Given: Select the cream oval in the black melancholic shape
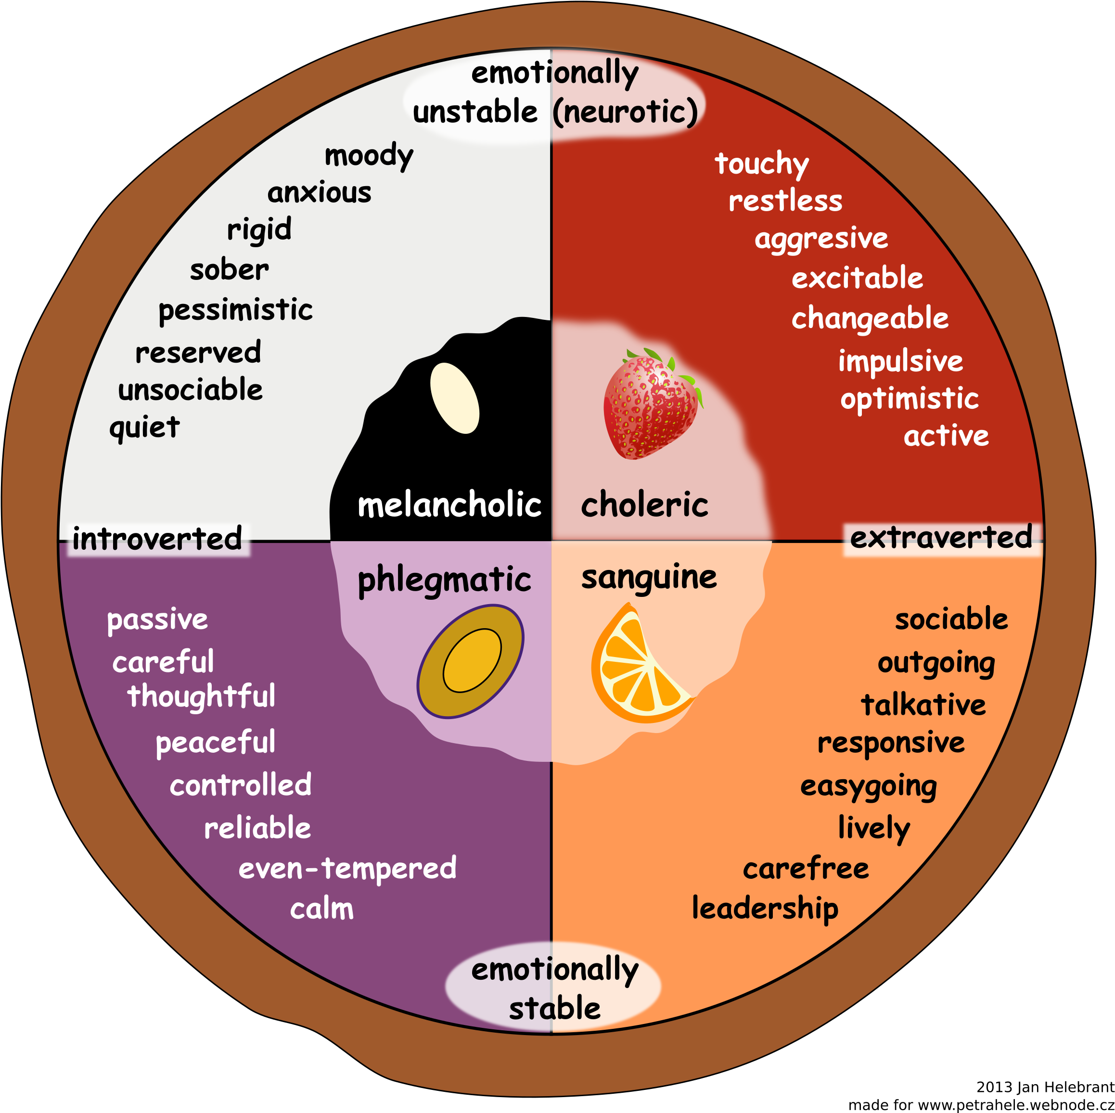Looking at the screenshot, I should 455,398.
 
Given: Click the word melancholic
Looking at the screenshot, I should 449,505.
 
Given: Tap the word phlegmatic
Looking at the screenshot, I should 444,580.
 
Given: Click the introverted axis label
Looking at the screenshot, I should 157,539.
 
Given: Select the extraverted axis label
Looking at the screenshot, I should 941,538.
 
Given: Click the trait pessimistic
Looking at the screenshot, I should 235,310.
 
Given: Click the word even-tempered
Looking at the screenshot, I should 347,868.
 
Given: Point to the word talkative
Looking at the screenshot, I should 923,705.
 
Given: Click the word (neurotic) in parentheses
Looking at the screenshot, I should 625,112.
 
